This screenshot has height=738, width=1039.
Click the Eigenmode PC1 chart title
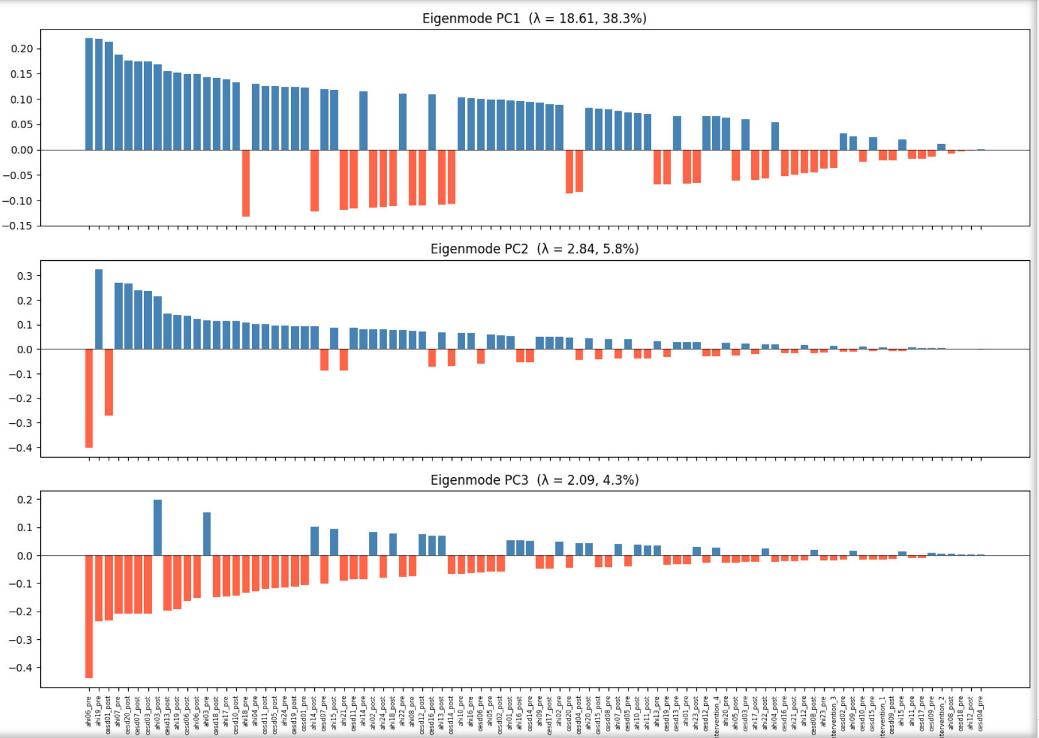click(534, 18)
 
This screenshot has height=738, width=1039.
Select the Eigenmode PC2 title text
click(534, 249)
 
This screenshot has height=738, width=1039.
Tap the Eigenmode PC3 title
click(534, 480)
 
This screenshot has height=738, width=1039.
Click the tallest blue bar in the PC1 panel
click(89, 94)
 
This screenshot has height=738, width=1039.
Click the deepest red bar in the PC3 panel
click(89, 616)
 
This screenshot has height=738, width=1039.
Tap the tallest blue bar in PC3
click(158, 527)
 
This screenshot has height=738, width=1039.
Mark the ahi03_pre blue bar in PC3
click(207, 534)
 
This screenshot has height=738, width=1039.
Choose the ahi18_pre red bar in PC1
click(246, 183)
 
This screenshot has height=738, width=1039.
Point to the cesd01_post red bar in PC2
click(109, 382)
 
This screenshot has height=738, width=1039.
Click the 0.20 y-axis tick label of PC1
click(22, 49)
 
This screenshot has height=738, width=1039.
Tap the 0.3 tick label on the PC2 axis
click(25, 276)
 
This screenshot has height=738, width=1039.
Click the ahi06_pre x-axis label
click(89, 711)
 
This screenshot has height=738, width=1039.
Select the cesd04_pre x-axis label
click(981, 711)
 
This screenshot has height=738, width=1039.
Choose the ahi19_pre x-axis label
click(99, 711)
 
